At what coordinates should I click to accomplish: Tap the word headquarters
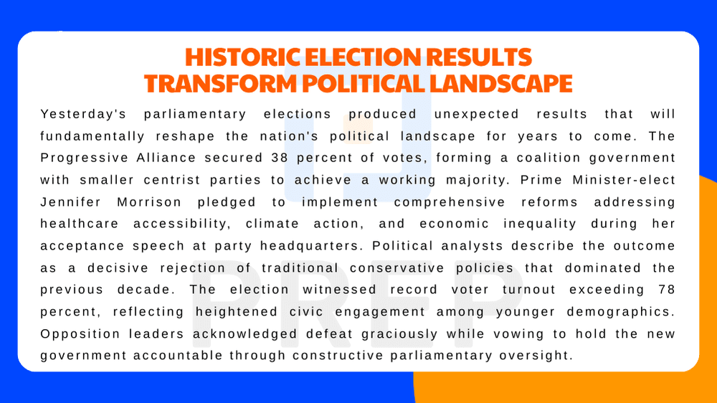point(313,245)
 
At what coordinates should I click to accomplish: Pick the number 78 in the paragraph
point(666,290)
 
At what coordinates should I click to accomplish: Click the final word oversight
point(538,355)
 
